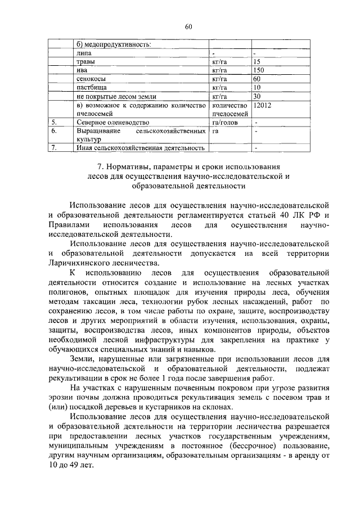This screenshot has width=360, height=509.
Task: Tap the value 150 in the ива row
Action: (259, 70)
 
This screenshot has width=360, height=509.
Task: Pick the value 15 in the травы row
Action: (257, 61)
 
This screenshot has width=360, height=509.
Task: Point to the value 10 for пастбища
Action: (257, 88)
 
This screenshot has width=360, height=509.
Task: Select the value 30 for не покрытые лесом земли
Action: (257, 97)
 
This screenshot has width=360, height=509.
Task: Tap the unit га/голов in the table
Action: (223, 122)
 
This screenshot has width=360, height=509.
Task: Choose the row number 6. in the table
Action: (55, 130)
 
